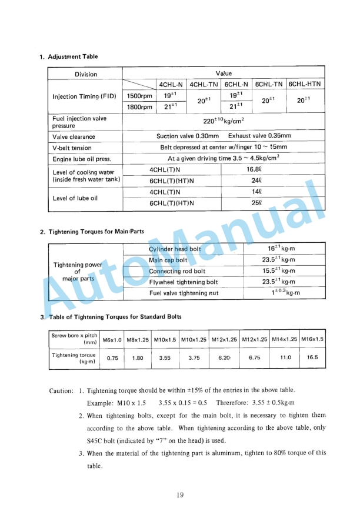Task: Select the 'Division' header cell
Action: pyautogui.click(x=86, y=74)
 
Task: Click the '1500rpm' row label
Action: pyautogui.click(x=139, y=96)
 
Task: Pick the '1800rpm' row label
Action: pyautogui.click(x=139, y=106)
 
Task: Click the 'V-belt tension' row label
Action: pyautogui.click(x=72, y=148)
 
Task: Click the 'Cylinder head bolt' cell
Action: pyautogui.click(x=175, y=249)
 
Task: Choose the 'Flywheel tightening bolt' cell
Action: pyautogui.click(x=184, y=282)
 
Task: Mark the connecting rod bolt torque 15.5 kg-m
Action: pyautogui.click(x=278, y=271)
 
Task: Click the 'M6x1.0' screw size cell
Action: pyautogui.click(x=112, y=339)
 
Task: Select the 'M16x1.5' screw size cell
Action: pyautogui.click(x=312, y=339)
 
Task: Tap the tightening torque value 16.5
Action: pyautogui.click(x=312, y=357)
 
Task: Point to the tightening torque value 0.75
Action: pyautogui.click(x=112, y=357)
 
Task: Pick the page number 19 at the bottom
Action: pyautogui.click(x=180, y=494)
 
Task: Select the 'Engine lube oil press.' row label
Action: pyautogui.click(x=78, y=158)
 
